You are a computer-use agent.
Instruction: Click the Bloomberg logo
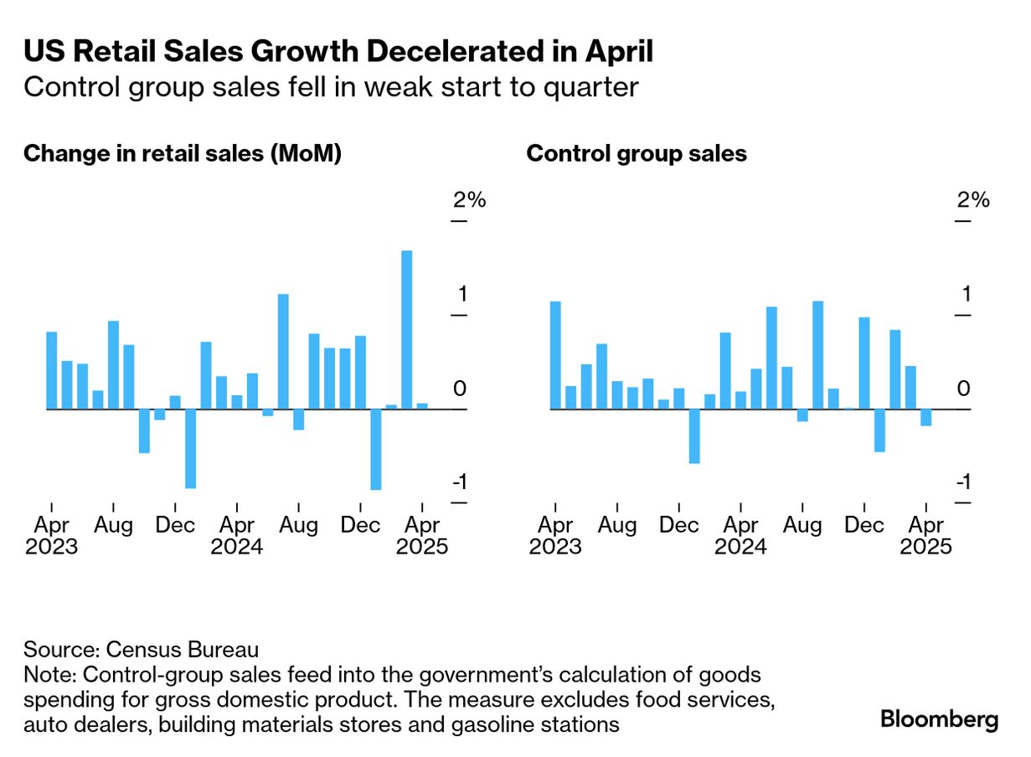click(939, 719)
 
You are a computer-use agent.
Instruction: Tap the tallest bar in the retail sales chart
click(406, 329)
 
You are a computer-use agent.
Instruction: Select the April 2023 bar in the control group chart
click(554, 355)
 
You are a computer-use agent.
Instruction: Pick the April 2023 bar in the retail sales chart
click(51, 370)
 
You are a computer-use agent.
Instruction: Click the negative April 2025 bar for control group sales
click(925, 417)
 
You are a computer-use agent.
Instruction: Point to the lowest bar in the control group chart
click(693, 435)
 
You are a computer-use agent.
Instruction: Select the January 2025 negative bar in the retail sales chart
click(375, 449)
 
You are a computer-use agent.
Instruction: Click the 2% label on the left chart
click(469, 200)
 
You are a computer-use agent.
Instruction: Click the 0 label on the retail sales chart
click(459, 389)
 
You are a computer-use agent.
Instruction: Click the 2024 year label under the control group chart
click(740, 547)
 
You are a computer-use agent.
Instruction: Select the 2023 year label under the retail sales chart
click(51, 547)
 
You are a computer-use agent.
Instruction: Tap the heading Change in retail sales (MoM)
click(183, 154)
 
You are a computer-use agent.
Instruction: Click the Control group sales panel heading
click(637, 154)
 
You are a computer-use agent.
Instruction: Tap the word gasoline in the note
click(446, 724)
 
